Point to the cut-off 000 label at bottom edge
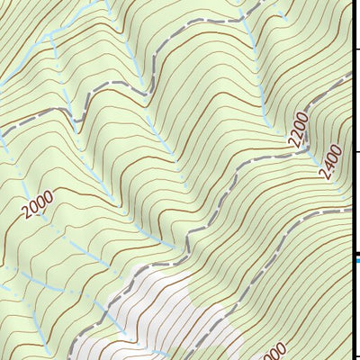[275, 351]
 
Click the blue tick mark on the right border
[357, 261]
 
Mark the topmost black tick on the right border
[357, 47]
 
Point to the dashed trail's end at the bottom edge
[72, 357]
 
